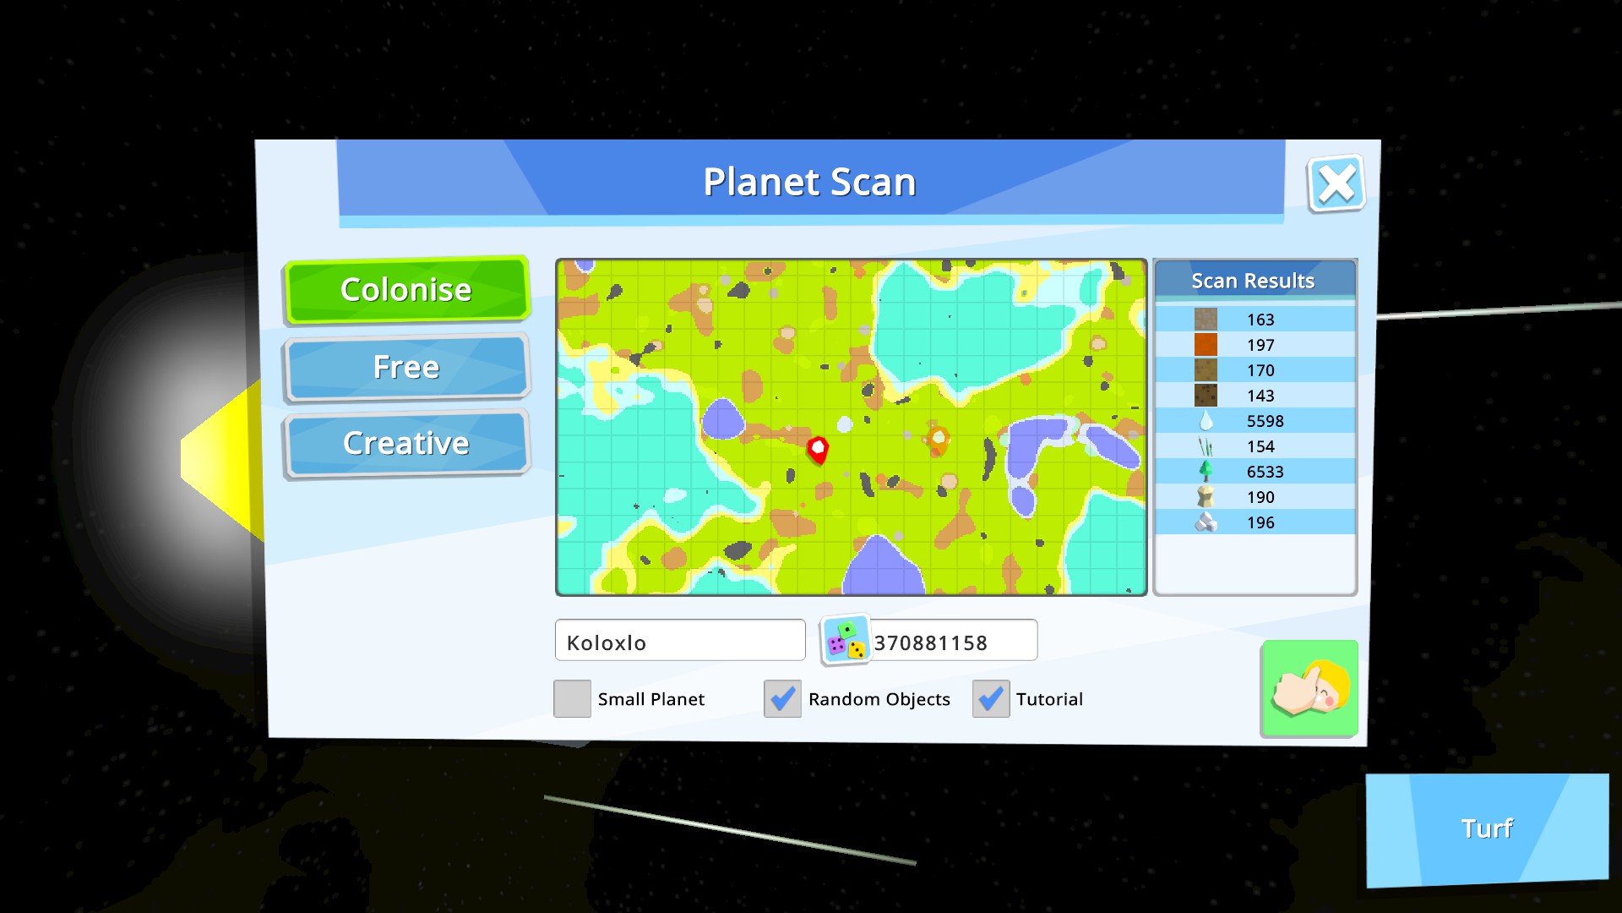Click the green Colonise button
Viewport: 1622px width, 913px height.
406,290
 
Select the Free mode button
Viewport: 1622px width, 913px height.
406,367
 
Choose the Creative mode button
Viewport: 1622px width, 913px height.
406,443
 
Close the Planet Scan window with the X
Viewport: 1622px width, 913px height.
1336,183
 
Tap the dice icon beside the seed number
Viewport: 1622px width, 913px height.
846,640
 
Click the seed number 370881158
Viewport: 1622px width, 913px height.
930,643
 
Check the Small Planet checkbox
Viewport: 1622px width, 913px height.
572,699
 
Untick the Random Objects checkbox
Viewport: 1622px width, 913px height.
782,699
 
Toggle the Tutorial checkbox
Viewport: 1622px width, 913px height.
991,699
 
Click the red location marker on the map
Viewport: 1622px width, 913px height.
818,450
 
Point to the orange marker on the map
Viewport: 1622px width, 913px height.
938,439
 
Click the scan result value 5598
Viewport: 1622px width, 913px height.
1265,421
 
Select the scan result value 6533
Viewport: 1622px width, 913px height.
1265,472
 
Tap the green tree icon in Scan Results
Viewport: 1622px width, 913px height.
1206,471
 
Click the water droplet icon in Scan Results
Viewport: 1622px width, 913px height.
1206,420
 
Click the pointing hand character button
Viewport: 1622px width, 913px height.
1309,688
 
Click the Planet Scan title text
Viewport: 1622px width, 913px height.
809,182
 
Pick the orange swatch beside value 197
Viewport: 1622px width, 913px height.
1206,344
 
